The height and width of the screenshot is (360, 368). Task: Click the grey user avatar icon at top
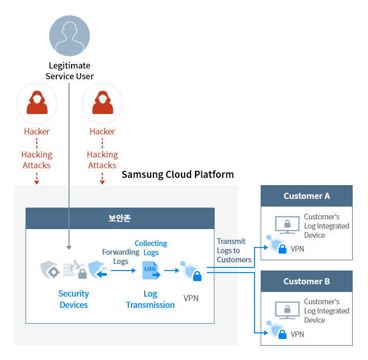70,36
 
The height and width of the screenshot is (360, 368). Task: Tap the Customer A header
307,196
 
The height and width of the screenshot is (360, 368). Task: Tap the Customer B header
307,281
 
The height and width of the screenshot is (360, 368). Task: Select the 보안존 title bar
120,218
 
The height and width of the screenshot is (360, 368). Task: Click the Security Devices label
74,299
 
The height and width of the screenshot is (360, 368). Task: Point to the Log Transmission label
150,299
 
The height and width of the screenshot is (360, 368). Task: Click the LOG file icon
151,269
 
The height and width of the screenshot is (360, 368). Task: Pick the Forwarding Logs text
121,256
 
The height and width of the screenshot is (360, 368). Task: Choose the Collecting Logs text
151,247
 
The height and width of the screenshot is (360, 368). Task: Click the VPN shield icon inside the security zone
191,271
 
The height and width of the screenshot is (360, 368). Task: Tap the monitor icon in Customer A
287,224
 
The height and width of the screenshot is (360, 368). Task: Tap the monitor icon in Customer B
287,310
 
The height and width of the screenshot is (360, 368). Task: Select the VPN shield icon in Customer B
277,331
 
